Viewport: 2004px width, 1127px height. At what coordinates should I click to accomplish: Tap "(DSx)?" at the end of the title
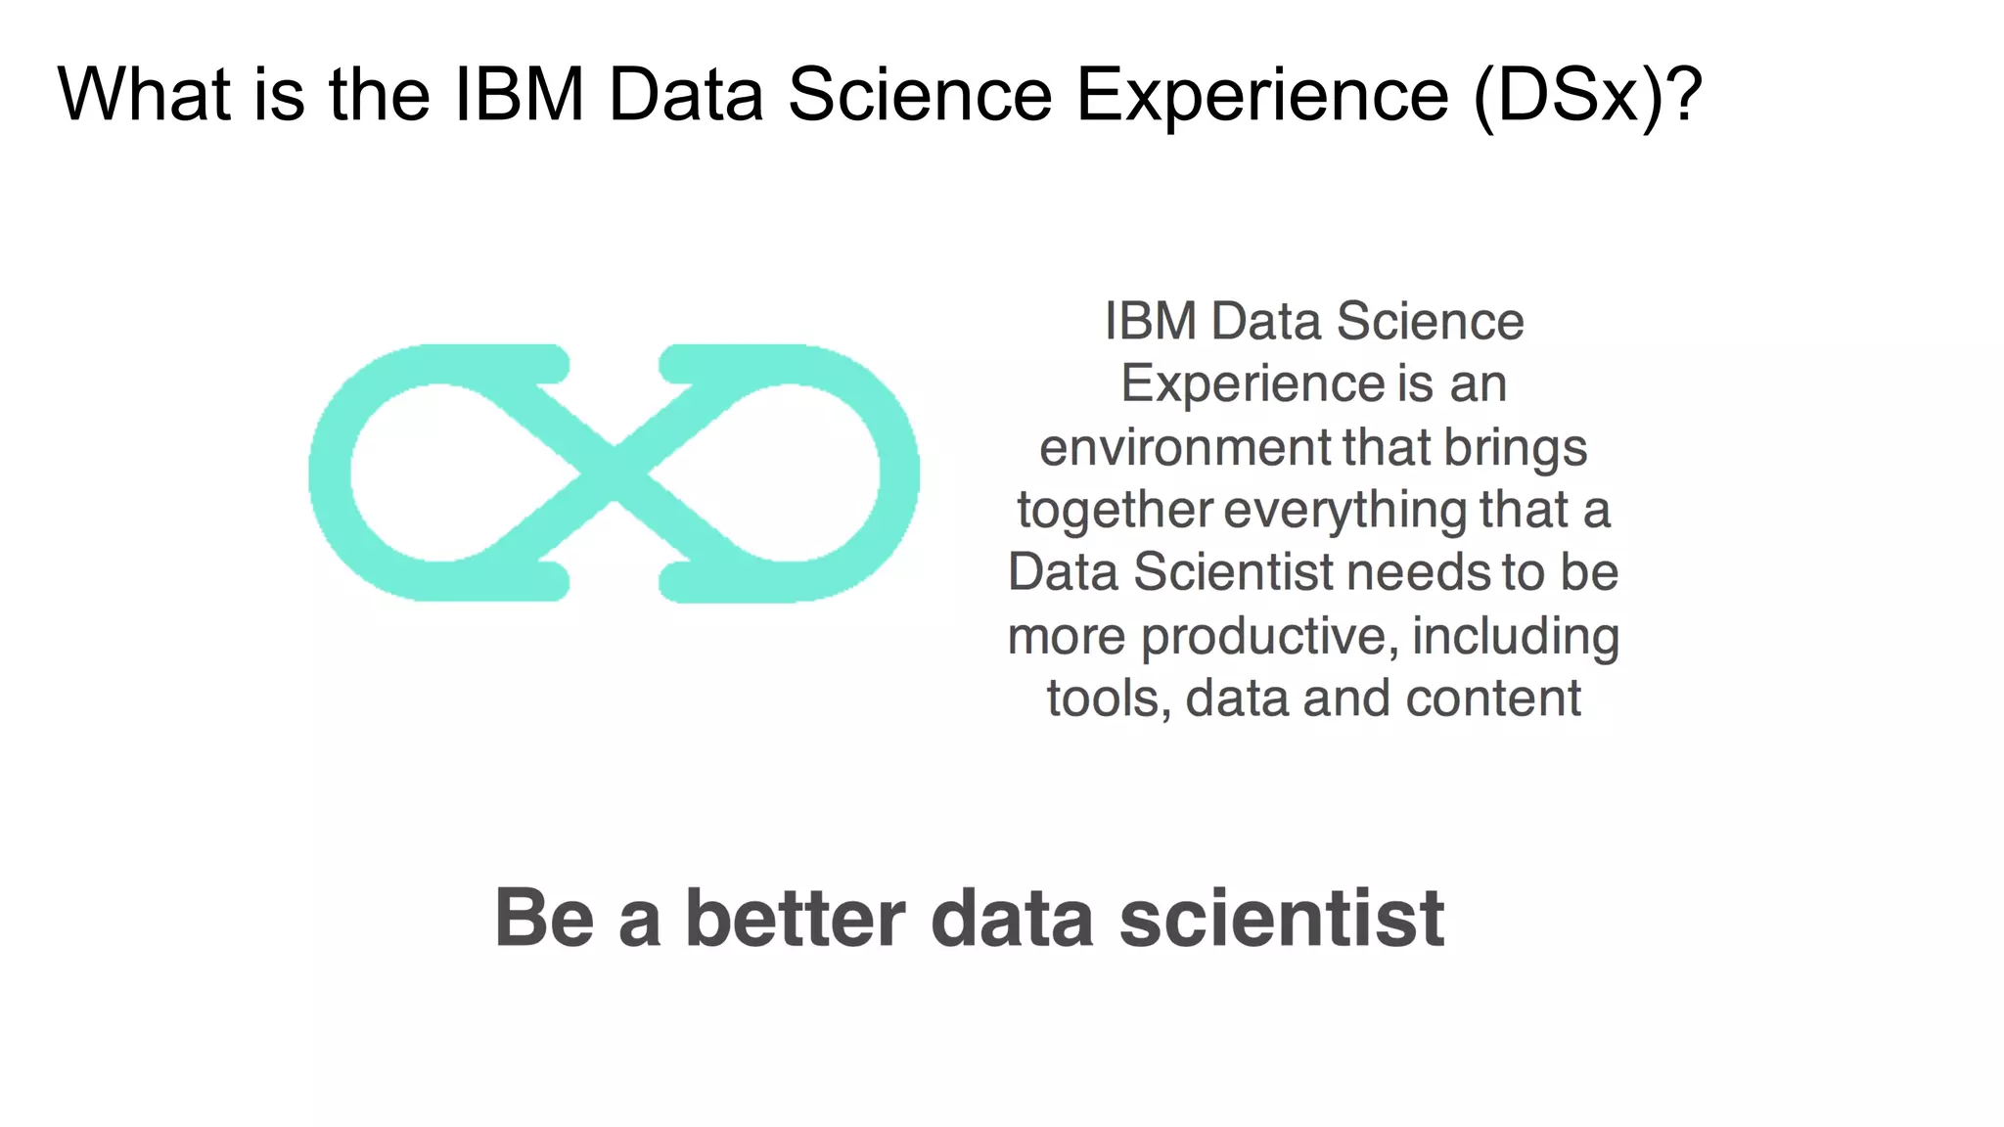click(1587, 95)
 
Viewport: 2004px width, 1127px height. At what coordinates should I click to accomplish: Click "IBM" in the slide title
click(520, 95)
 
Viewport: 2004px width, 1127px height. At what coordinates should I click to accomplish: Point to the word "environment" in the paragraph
click(1186, 448)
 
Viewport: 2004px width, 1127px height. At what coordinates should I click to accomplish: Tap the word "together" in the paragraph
click(1115, 511)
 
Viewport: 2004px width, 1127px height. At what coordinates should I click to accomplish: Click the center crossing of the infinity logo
click(614, 473)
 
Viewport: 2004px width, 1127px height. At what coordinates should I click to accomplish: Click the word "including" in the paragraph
click(1515, 637)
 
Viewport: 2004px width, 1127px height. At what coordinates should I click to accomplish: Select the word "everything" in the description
click(1344, 511)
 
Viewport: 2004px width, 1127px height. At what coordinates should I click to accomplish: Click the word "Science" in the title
click(920, 95)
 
